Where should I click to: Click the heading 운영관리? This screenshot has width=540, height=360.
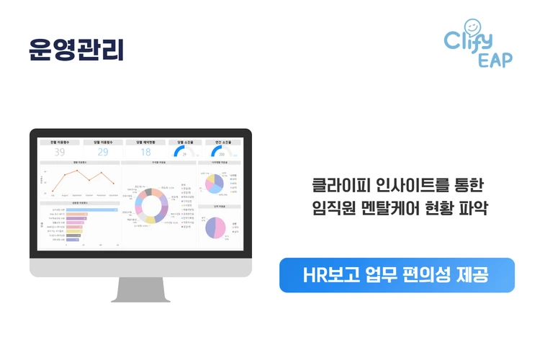coord(76,48)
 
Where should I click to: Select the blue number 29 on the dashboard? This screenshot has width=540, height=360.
coord(102,152)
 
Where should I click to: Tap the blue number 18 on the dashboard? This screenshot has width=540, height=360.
coord(145,152)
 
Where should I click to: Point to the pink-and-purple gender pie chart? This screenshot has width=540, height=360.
coord(215,227)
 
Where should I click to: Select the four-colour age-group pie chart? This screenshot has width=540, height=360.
coord(214,184)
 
